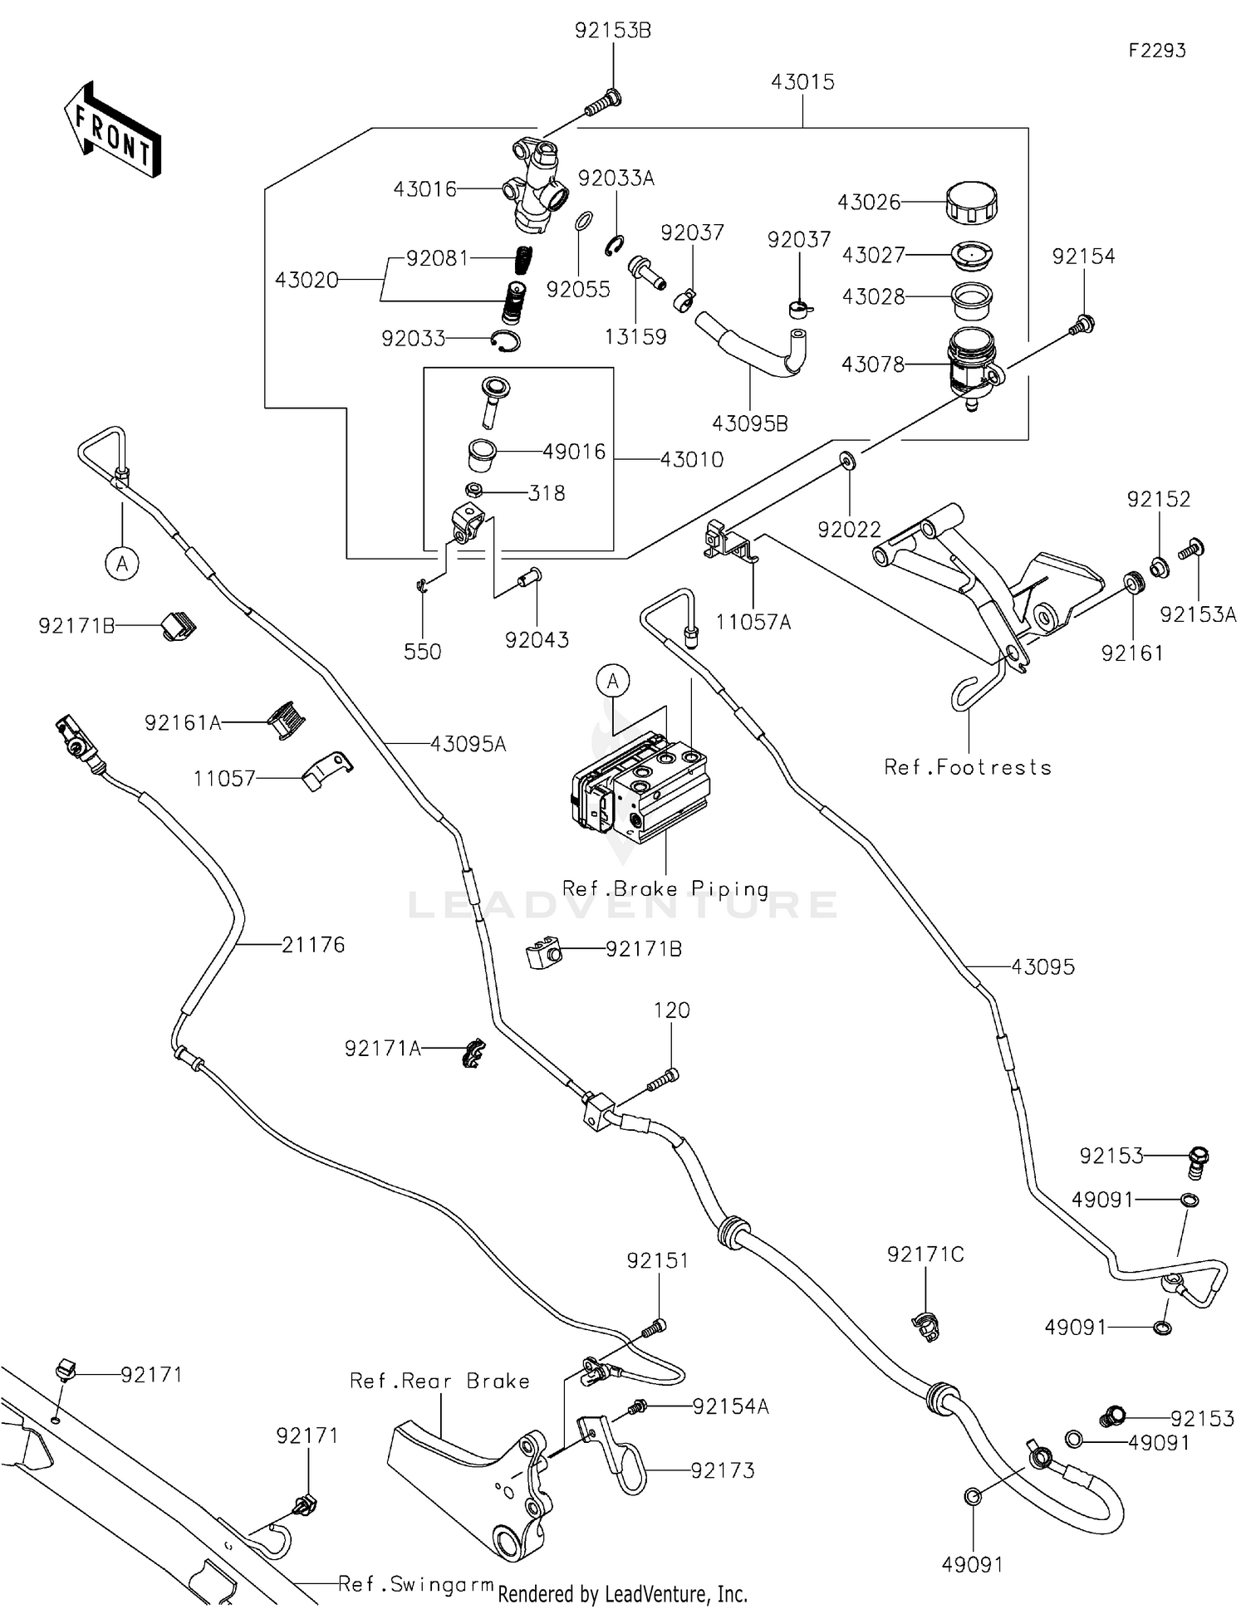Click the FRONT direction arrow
coord(112,130)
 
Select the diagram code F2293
coord(1157,51)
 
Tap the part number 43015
coord(802,82)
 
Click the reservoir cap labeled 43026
coord(971,202)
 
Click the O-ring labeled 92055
coord(584,222)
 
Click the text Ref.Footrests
coord(968,768)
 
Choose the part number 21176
coord(313,945)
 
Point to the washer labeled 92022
coord(849,460)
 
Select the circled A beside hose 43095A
coord(122,564)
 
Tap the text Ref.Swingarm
coord(415,1584)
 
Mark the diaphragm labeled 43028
coord(971,301)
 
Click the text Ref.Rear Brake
coord(439,1381)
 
